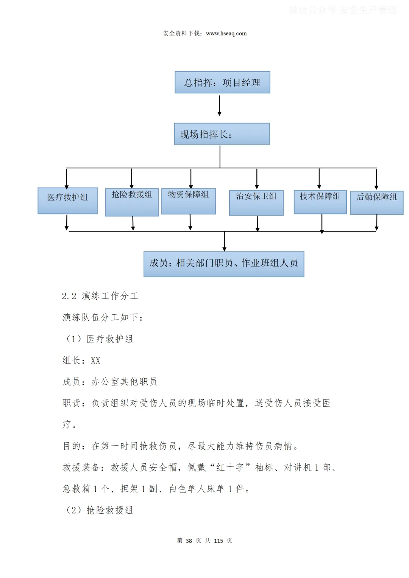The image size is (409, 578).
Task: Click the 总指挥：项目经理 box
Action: (222, 82)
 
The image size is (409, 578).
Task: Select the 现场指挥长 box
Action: (222, 134)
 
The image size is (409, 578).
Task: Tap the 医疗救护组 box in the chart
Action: (68, 201)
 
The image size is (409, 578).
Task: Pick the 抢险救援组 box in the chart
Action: (132, 202)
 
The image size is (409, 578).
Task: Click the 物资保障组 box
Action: (189, 201)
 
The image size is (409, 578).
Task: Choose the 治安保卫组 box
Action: (256, 203)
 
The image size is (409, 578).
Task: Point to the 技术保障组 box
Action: (320, 202)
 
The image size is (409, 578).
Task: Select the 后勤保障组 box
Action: (377, 203)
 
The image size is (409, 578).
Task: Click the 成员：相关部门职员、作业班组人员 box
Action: (224, 264)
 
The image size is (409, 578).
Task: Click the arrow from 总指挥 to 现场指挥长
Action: (219, 106)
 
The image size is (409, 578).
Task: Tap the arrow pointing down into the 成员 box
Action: (224, 241)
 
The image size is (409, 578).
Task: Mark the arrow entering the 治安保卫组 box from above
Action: (257, 179)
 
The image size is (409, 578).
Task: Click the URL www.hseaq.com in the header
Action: (226, 33)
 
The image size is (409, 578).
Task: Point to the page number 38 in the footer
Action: (189, 541)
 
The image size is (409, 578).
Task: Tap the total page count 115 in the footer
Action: (219, 541)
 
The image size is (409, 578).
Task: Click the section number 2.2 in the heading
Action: (69, 296)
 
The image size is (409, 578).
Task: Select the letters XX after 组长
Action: (95, 360)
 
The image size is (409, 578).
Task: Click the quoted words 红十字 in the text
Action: (230, 467)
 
